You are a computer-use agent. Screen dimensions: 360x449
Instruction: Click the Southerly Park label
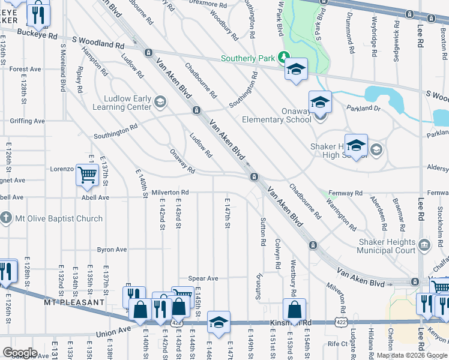pos(247,58)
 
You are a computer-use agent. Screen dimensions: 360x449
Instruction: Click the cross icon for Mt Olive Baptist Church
pos(6,218)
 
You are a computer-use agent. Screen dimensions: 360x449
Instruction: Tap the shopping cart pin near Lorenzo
pos(87,175)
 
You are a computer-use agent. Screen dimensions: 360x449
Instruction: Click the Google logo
pos(20,353)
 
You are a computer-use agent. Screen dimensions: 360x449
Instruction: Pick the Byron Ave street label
pos(112,250)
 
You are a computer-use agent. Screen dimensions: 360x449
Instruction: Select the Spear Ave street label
pos(203,278)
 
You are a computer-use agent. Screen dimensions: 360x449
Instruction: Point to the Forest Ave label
pos(25,70)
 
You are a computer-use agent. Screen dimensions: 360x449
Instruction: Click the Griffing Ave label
pos(27,121)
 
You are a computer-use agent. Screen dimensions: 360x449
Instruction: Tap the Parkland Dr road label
pos(364,109)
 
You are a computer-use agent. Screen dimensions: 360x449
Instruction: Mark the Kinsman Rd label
pos(298,323)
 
